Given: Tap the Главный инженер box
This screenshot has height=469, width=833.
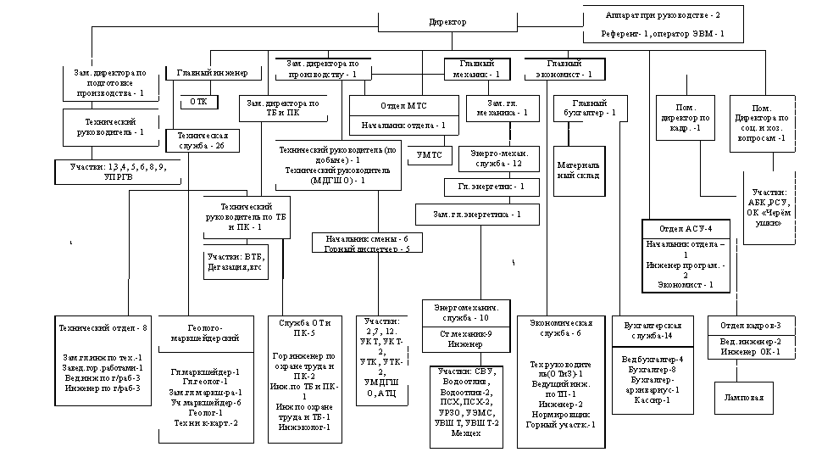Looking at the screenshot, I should coord(213,74).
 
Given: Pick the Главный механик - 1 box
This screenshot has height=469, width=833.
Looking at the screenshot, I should coord(479,70).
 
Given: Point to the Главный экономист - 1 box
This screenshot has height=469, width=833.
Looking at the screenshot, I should coord(564,70).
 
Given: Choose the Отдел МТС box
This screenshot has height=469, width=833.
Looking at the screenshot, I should coord(405,107).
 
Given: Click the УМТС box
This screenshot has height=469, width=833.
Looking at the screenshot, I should coord(430,155).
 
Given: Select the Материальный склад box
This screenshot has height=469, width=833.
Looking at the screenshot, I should coord(580,170).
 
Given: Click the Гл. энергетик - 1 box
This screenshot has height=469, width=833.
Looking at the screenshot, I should coord(492,187).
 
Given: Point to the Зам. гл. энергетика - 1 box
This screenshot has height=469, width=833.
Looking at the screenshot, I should coord(477,214).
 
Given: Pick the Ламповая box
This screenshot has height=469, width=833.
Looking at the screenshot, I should coord(743,397).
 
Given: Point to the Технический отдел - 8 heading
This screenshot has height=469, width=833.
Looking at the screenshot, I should coord(103,326).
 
